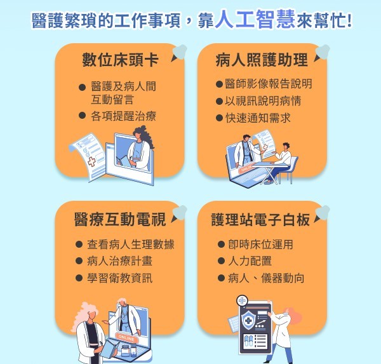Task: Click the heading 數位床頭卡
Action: click(x=120, y=60)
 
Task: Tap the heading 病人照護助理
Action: click(x=262, y=60)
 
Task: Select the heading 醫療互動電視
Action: click(x=120, y=219)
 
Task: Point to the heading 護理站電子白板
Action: click(x=260, y=220)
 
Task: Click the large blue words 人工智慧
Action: click(x=255, y=19)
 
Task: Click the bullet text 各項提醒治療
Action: click(x=123, y=116)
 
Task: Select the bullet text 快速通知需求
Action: click(x=258, y=118)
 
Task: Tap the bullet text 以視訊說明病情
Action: click(x=263, y=100)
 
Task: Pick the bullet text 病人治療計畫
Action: click(x=119, y=261)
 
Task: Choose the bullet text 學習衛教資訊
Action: click(x=119, y=278)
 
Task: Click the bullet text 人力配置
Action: click(x=250, y=261)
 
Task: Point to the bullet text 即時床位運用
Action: click(x=260, y=244)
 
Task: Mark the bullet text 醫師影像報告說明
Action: click(x=268, y=84)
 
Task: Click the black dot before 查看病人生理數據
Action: click(x=79, y=244)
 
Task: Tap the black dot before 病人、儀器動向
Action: click(x=221, y=278)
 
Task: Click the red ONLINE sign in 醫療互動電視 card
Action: click(x=126, y=338)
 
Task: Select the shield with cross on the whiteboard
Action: click(x=248, y=320)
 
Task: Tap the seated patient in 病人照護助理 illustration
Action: click(x=281, y=163)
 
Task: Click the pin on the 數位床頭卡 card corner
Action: click(x=179, y=53)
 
